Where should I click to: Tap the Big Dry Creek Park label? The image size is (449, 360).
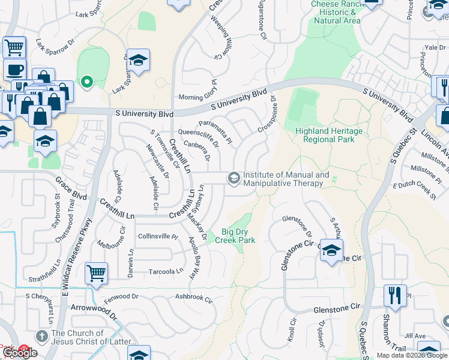click(x=238, y=236)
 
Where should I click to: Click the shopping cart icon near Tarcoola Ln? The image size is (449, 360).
click(x=96, y=273)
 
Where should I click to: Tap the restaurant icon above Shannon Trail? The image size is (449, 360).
click(x=394, y=295)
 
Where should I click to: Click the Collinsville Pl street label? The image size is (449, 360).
click(x=158, y=236)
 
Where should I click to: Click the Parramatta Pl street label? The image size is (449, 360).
click(x=215, y=133)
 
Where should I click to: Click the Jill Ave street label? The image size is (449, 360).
click(x=415, y=336)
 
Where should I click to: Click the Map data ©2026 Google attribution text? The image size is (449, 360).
click(x=411, y=355)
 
